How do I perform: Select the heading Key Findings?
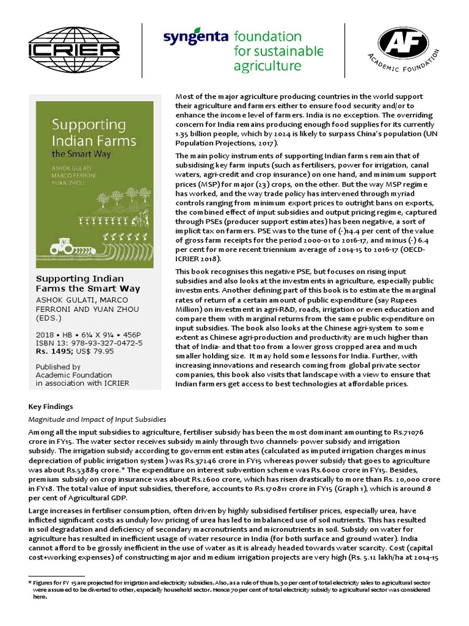(51, 407)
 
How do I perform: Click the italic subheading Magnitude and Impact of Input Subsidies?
(98, 419)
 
